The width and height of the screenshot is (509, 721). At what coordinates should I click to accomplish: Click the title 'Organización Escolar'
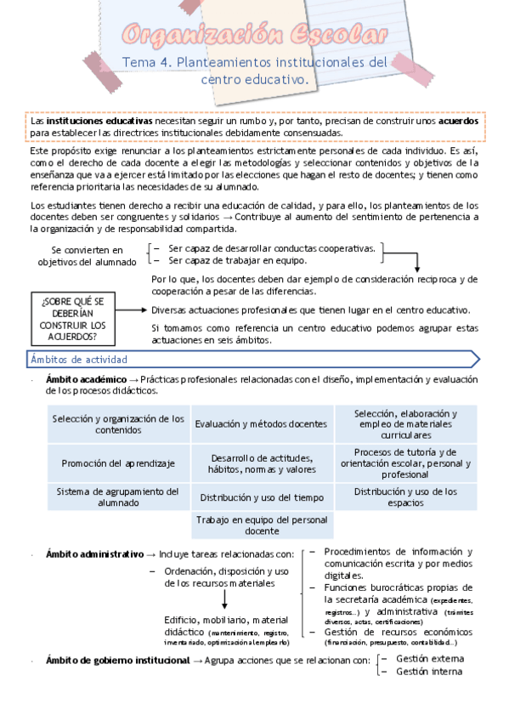[x=254, y=36]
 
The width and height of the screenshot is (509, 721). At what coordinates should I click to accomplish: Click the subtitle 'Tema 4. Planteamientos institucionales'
[x=254, y=63]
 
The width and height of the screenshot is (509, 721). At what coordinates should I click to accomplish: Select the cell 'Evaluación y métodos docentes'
[x=260, y=423]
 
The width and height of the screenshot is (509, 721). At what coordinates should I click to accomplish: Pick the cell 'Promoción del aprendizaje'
[x=118, y=463]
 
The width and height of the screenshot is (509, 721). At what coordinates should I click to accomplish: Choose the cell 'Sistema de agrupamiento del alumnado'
[x=118, y=497]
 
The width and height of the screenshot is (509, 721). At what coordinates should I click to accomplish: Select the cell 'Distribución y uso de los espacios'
[x=404, y=497]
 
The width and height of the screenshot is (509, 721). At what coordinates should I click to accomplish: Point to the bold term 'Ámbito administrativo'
[x=95, y=554]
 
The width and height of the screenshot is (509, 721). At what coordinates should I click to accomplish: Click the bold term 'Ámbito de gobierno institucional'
[x=117, y=661]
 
